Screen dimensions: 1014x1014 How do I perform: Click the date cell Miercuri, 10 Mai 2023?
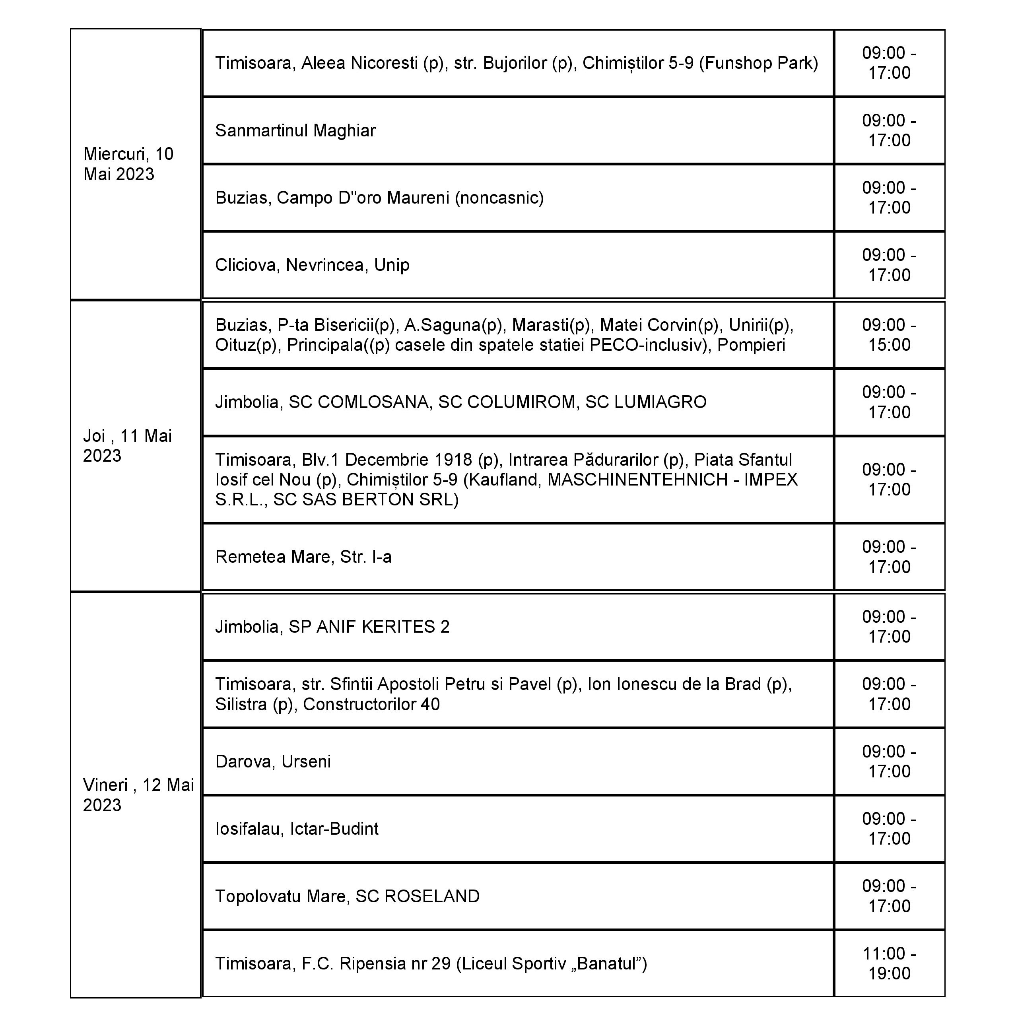click(128, 164)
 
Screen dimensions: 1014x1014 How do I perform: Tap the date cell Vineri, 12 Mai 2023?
click(138, 794)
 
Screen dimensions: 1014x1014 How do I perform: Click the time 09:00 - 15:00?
click(889, 335)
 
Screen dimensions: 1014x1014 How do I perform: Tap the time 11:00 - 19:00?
click(889, 963)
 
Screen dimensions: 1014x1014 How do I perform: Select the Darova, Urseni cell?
click(273, 761)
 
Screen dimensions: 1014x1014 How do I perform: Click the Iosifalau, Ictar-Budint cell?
click(297, 829)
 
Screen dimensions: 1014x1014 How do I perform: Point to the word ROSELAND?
click(432, 896)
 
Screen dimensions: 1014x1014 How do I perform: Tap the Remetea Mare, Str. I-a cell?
click(303, 557)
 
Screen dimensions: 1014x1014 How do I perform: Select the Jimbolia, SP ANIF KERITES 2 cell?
click(332, 627)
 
